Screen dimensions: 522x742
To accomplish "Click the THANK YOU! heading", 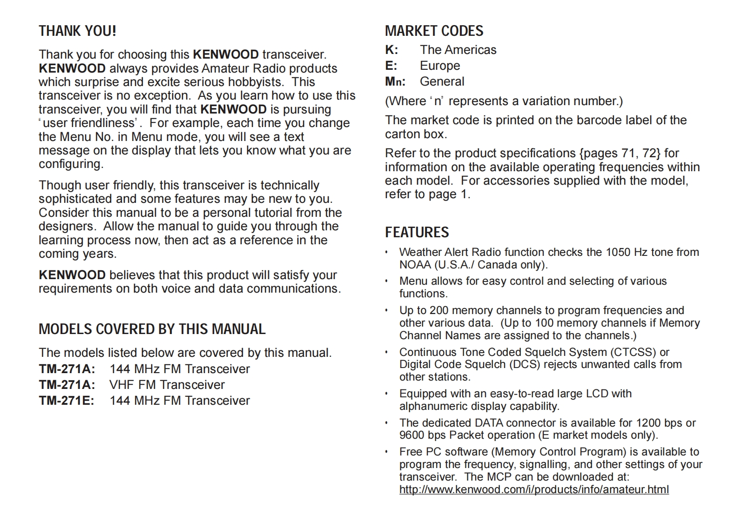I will (x=77, y=31).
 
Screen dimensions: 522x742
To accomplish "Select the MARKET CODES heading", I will (x=434, y=31).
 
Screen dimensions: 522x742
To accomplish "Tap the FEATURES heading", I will (x=417, y=232).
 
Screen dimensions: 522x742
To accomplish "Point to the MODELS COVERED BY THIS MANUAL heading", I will (x=152, y=329).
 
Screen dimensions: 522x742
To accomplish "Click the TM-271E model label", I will (x=67, y=401).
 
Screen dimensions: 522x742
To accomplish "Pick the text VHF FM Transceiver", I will (x=167, y=385).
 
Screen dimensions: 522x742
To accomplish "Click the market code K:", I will (x=391, y=50).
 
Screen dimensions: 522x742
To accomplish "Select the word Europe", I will (x=439, y=66).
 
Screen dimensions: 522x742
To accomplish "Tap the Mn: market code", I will (x=395, y=81).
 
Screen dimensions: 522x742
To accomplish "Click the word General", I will (x=442, y=81).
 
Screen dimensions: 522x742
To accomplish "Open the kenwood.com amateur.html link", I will (x=534, y=489).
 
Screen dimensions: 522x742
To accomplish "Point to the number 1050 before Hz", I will (x=618, y=252).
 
